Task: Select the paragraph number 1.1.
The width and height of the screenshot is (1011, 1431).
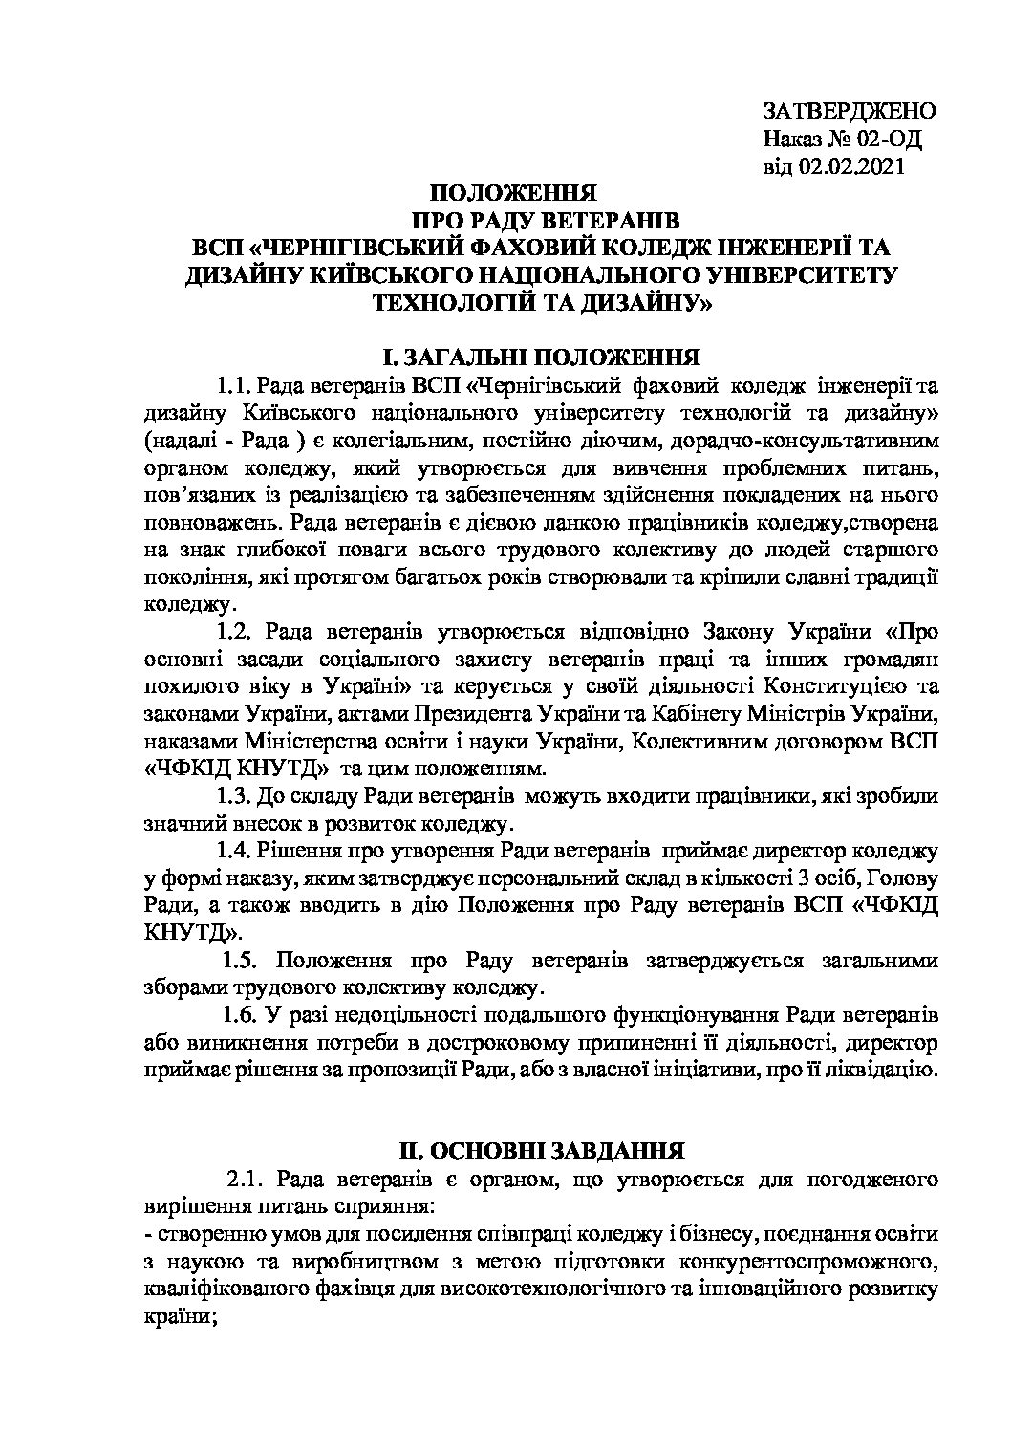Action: (x=232, y=386)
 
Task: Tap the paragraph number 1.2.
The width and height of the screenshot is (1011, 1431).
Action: (x=232, y=632)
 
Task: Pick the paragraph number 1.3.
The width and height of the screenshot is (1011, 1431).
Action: (x=232, y=795)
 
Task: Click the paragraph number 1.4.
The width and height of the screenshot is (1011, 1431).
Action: (x=232, y=851)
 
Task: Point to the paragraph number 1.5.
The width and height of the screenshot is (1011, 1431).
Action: (x=239, y=959)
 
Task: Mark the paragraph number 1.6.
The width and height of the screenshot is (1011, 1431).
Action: (x=239, y=1013)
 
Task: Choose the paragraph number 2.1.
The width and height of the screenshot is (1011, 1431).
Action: (x=245, y=1178)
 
